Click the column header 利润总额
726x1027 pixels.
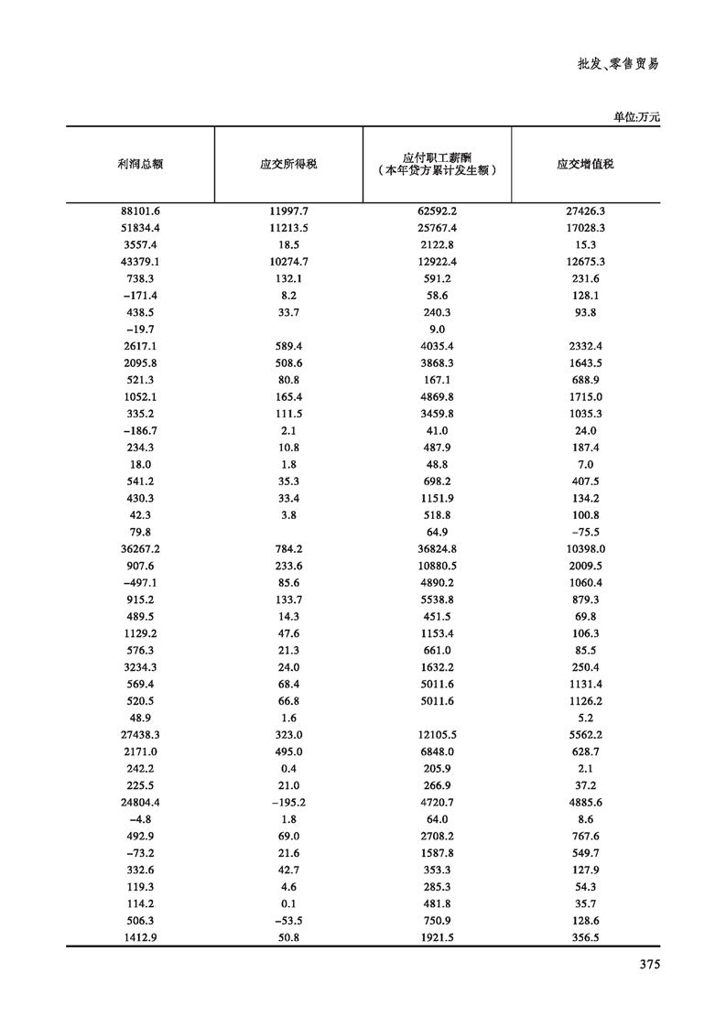coord(140,165)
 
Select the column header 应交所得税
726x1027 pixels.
coord(289,165)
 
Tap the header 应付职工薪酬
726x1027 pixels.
coord(437,157)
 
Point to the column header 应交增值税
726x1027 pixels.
coord(585,165)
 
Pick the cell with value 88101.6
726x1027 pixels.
coord(140,211)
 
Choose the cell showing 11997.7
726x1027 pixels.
coord(289,211)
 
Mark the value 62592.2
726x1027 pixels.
coord(437,211)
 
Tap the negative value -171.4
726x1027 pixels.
coord(140,296)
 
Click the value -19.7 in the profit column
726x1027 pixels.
coord(140,330)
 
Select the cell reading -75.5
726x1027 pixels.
coord(585,533)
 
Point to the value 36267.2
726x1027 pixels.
coord(140,549)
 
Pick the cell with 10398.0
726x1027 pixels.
coord(585,549)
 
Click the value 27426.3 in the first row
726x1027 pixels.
coord(585,211)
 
